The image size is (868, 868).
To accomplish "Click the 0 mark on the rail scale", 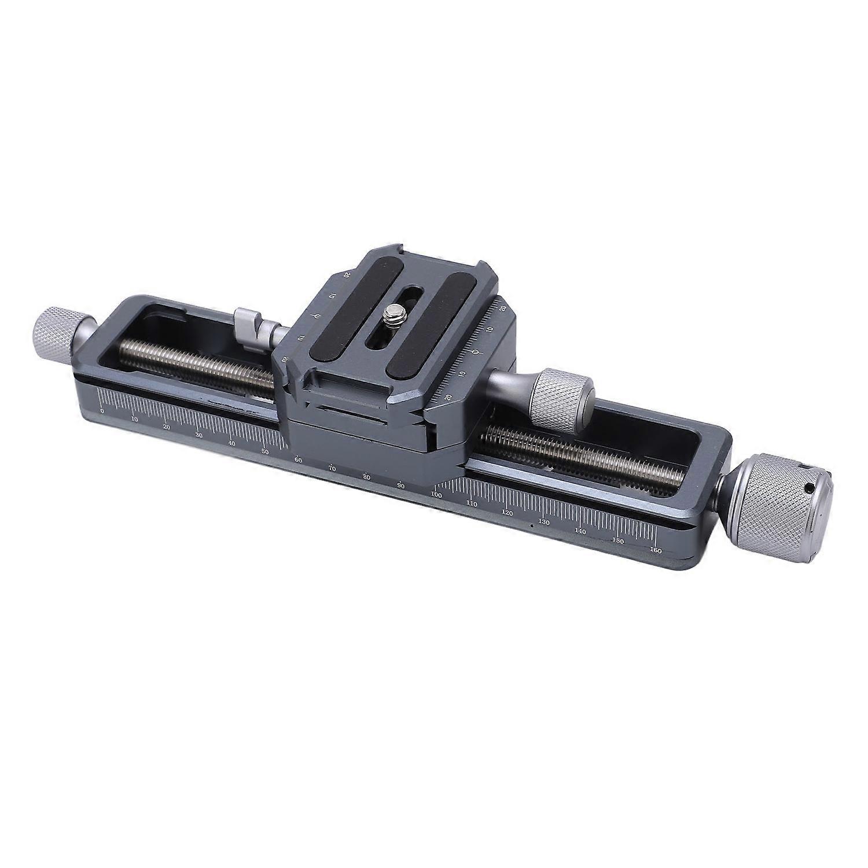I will (x=102, y=410).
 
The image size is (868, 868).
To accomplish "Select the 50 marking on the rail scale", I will (x=264, y=451).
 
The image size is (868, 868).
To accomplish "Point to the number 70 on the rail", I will (x=332, y=468).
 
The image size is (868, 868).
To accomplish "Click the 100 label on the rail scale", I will (x=436, y=495).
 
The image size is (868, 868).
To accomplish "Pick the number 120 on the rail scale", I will (x=507, y=513).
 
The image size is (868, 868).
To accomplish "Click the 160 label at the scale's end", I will (x=656, y=550).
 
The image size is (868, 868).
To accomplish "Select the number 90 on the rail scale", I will (x=400, y=484).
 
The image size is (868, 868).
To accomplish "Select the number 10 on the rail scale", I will (x=134, y=419).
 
